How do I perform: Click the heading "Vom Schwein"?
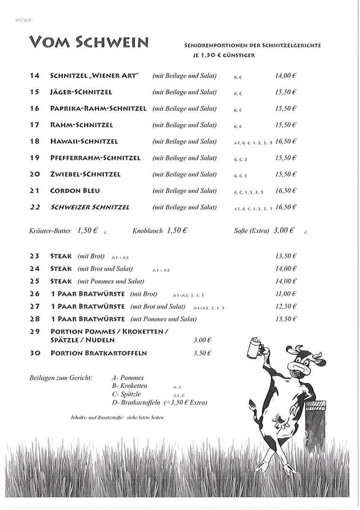[89, 43]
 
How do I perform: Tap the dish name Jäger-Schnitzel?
[81, 92]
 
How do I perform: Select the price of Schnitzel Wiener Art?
[285, 76]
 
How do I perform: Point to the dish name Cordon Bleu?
[75, 191]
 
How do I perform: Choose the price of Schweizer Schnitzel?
[285, 207]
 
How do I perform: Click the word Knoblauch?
[148, 231]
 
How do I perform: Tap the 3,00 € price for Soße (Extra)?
[284, 230]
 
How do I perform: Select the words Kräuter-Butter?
[50, 231]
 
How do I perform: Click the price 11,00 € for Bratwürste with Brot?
[285, 294]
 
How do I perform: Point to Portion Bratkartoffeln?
[99, 353]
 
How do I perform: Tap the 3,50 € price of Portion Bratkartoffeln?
[202, 353]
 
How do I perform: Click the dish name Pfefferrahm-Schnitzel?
[95, 158]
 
